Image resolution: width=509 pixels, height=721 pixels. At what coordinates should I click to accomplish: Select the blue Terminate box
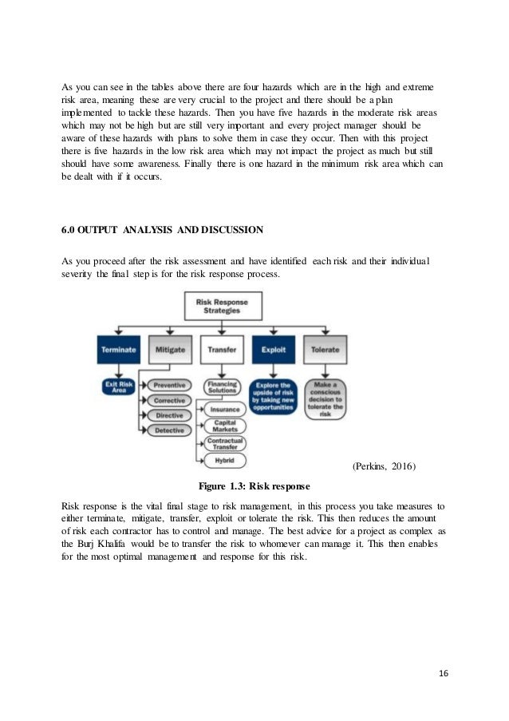pos(118,349)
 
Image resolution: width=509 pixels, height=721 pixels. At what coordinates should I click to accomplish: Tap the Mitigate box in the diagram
pos(170,349)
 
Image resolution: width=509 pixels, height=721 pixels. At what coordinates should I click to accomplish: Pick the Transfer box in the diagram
pos(222,349)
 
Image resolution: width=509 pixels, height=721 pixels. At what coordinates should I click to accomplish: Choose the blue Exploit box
pos(274,349)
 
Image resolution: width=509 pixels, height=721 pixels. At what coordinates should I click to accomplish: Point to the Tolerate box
pos(326,349)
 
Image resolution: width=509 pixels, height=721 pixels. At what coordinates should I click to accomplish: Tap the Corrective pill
pos(170,400)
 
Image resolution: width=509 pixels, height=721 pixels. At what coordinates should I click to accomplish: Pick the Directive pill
pos(170,415)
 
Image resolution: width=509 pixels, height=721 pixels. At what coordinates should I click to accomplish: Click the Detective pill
pos(170,430)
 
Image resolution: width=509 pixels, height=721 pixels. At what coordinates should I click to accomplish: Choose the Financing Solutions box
pos(222,386)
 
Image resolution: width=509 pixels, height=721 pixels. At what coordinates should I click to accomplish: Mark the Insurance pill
pos(224,409)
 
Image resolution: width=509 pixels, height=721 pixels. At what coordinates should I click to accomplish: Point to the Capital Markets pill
pos(224,426)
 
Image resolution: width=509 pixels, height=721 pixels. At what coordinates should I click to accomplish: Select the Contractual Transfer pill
pos(224,444)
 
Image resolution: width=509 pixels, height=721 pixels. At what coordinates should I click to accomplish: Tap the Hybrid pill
pos(224,461)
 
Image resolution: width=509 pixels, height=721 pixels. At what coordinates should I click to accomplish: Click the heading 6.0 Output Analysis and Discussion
pos(162,232)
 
